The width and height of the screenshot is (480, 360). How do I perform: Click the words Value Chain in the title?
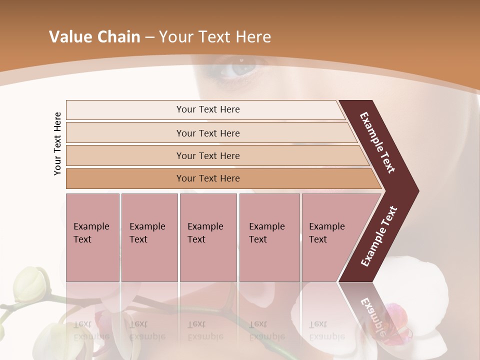coord(94,37)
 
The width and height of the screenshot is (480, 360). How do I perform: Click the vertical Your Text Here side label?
coord(57,143)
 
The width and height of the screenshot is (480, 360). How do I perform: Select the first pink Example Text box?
coord(92,237)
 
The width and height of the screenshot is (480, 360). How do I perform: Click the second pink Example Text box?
coord(149,237)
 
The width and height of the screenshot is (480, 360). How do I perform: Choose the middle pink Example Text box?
coord(208,237)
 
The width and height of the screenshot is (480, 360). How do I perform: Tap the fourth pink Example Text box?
coord(269,237)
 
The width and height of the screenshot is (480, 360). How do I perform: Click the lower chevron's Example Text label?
coord(378,236)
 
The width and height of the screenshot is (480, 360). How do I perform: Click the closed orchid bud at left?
coord(31,283)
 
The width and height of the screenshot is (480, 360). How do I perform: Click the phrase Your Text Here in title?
coord(215,37)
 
